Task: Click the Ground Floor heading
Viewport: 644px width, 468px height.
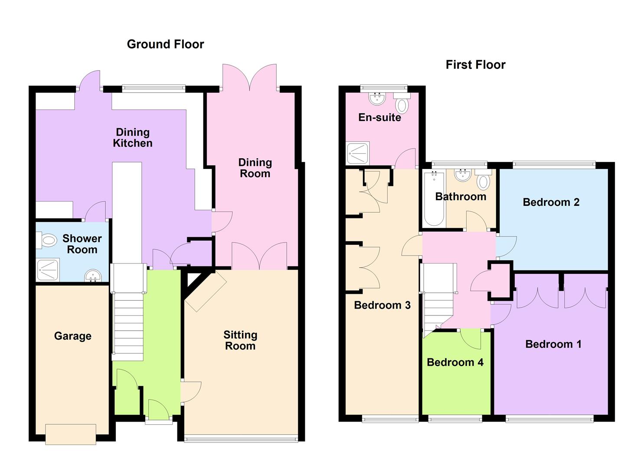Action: (165, 44)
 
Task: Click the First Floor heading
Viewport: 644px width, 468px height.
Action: (475, 65)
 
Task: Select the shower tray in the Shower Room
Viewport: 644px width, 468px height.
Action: (47, 270)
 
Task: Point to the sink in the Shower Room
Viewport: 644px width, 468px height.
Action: (92, 276)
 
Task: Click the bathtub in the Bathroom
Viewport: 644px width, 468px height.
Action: (434, 198)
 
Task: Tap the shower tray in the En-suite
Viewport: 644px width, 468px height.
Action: (358, 153)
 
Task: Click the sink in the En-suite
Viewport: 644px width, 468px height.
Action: (377, 98)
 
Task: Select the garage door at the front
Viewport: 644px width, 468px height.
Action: (71, 434)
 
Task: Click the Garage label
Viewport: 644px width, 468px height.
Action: (72, 336)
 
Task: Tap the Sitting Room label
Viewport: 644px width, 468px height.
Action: (240, 341)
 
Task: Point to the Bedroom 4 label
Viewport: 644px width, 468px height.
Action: (455, 362)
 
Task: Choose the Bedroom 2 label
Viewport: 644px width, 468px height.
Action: (551, 202)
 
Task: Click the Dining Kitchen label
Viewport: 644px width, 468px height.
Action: (133, 138)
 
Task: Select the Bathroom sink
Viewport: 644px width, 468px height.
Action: (462, 175)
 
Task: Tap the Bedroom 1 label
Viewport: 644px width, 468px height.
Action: (553, 344)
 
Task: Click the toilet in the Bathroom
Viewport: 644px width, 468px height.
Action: (483, 180)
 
